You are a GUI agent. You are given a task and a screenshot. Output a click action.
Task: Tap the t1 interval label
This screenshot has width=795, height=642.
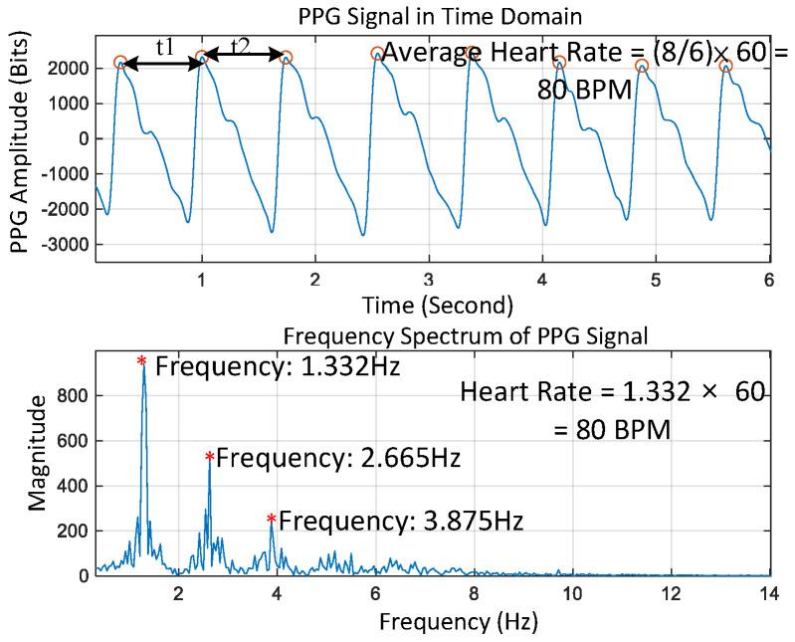coord(165,46)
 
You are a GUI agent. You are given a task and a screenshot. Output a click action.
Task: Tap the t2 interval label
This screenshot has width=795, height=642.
coord(242,46)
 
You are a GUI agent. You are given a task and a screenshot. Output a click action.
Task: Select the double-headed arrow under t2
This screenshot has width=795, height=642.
coord(244,59)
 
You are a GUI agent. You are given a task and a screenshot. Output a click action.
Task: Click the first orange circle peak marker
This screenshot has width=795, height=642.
coord(120,63)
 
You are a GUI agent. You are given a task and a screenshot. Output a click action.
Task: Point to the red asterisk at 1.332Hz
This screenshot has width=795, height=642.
coord(142,361)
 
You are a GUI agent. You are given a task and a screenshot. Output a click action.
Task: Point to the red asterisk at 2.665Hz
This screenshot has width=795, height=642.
coord(209,458)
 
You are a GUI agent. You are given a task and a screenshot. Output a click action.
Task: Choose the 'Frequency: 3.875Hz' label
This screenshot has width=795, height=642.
coord(401,521)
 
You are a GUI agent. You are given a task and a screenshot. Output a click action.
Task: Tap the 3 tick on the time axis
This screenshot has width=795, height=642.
coord(428,279)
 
